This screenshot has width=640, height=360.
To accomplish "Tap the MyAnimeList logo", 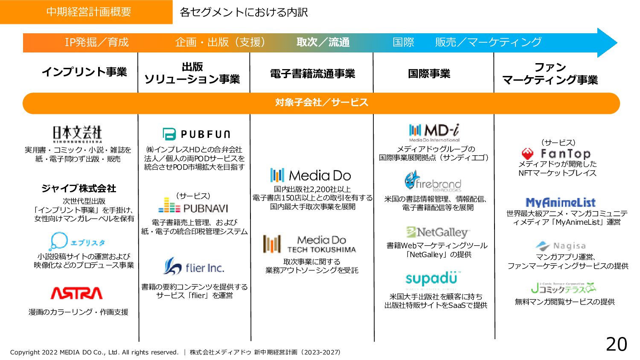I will (561, 202).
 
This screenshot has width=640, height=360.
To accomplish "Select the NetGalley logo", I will (438, 232).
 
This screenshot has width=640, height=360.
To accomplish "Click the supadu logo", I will (431, 279).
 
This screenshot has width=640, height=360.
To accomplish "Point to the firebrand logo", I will (433, 182).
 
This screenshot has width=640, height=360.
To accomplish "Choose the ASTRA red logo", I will (76, 293).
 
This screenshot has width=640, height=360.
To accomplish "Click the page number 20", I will (616, 344).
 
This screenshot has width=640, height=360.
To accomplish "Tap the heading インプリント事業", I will (84, 72).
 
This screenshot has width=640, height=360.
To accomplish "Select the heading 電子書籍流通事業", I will (312, 74).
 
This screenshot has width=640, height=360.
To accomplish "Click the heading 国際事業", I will (429, 74).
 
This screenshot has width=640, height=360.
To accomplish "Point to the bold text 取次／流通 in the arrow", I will (323, 42).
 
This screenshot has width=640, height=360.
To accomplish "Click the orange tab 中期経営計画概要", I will (88, 12).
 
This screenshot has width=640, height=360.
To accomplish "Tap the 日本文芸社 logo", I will (77, 134).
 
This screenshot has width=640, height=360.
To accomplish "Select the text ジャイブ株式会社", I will (79, 189).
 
